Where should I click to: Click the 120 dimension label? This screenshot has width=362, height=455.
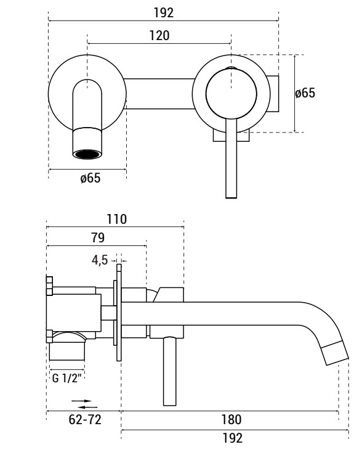pos(159,36)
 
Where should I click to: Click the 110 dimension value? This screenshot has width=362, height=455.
pos(116,219)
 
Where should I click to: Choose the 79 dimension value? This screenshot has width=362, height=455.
pos(97,238)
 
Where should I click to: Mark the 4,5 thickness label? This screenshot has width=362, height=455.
pos(101,260)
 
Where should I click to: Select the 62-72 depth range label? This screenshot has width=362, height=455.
pos(83,420)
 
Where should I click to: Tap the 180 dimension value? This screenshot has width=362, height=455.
pos(230,420)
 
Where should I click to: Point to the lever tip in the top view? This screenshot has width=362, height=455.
pos(231,194)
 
